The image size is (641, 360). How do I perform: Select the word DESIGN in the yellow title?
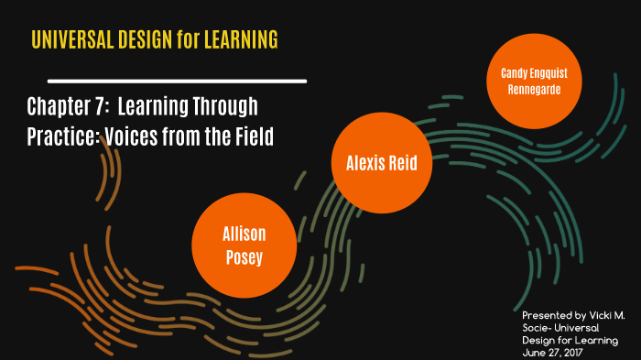(x=141, y=40)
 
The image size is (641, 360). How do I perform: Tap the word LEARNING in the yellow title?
(x=241, y=40)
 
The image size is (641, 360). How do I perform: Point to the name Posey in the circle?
(x=244, y=256)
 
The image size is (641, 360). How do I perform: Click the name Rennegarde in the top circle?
(x=533, y=89)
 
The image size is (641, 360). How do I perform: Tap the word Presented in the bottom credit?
(x=539, y=315)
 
